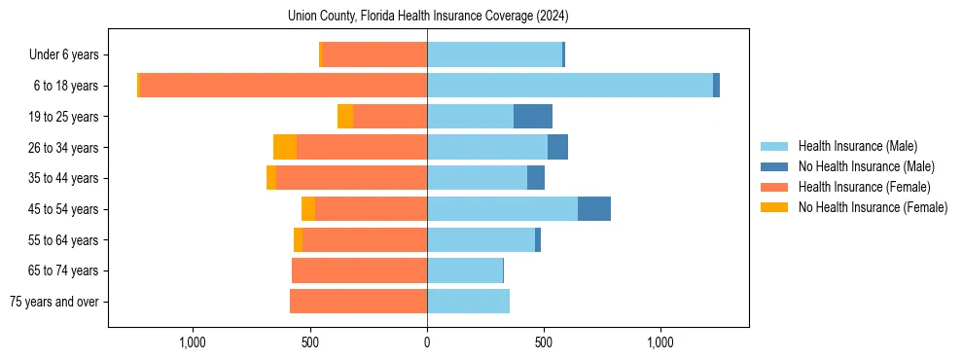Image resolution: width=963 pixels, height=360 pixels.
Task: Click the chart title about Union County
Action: click(x=428, y=17)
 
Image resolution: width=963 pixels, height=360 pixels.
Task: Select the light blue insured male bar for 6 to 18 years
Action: click(x=569, y=86)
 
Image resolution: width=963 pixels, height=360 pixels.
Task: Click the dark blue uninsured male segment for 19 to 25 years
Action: click(x=533, y=117)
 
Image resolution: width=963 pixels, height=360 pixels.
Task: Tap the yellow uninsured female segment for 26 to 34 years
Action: click(x=285, y=147)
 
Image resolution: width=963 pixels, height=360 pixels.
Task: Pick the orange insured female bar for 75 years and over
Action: click(x=358, y=302)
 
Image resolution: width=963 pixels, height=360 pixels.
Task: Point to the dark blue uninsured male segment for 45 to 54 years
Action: click(x=593, y=209)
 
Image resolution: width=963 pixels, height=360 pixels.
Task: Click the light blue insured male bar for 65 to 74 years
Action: click(x=465, y=270)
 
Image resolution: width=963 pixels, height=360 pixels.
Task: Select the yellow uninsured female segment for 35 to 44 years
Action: click(x=271, y=178)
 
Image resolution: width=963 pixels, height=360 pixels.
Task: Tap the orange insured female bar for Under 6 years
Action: click(x=374, y=54)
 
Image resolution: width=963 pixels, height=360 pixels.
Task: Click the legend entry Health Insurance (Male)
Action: click(x=857, y=146)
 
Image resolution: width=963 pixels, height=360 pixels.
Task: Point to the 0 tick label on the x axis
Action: click(x=427, y=342)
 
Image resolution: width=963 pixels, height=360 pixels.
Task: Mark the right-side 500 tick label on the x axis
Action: click(x=544, y=342)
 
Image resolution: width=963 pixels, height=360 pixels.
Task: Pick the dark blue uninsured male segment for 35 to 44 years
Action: click(x=536, y=178)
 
